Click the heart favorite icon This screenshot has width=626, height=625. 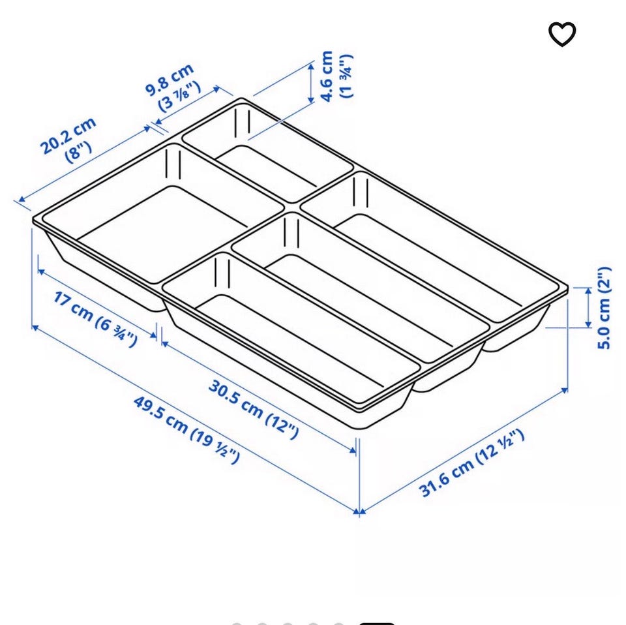point(561,35)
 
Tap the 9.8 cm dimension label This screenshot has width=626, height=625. point(170,80)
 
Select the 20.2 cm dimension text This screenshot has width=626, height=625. point(68,136)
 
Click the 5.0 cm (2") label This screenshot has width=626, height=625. point(604,307)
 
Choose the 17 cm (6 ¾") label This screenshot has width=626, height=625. point(95,319)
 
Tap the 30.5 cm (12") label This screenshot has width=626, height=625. point(254,409)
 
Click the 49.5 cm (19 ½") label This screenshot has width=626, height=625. point(186,429)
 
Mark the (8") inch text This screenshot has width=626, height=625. point(79,152)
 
